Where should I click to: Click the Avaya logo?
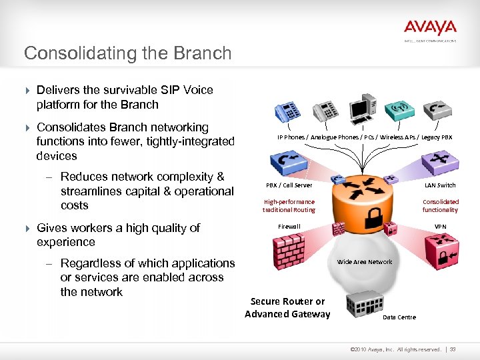click(x=430, y=28)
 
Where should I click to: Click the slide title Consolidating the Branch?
click(x=127, y=53)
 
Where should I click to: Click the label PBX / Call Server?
click(x=289, y=185)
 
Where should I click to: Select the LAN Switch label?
click(x=441, y=185)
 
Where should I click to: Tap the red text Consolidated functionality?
click(x=441, y=205)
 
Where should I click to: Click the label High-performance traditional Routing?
click(x=289, y=205)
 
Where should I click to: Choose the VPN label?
click(x=441, y=227)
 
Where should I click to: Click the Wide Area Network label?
click(x=365, y=262)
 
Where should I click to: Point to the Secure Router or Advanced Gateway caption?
click(x=287, y=308)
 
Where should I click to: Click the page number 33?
click(x=453, y=349)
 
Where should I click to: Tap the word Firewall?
click(x=289, y=227)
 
